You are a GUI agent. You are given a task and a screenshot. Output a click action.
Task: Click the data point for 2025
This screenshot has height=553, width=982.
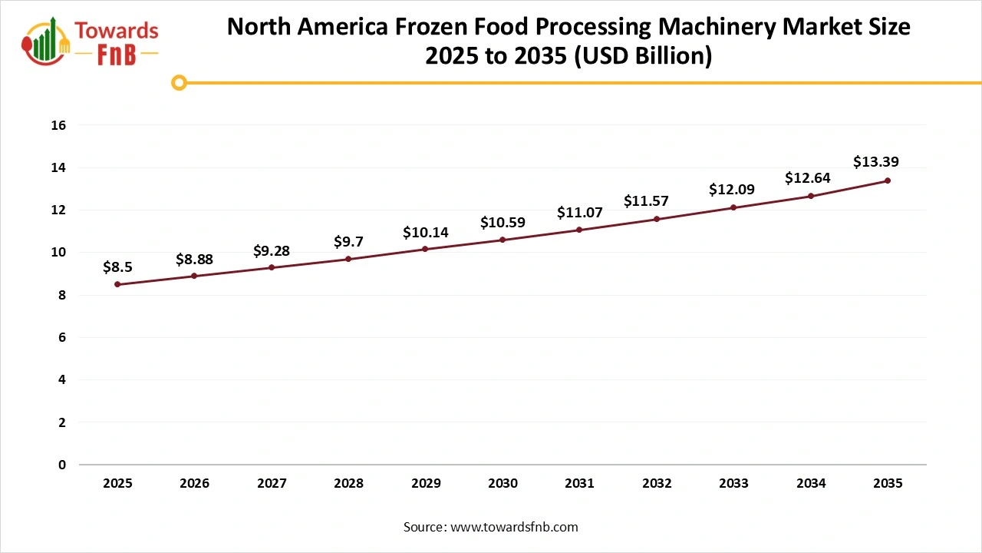117,284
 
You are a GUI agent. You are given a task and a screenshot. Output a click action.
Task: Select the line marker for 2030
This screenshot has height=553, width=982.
503,240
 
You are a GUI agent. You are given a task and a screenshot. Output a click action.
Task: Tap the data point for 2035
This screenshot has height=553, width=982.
888,180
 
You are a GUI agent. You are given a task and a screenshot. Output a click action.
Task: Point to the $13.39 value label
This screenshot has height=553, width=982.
875,162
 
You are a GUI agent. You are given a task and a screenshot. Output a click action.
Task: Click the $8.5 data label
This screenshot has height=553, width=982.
118,267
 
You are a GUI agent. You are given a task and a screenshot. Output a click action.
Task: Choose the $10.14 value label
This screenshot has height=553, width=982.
426,232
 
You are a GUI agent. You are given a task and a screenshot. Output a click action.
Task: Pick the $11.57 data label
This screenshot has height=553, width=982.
646,201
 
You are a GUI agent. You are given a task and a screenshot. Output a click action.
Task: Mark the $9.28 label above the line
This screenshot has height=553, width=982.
272,250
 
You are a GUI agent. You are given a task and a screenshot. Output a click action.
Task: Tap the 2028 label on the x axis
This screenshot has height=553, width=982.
348,484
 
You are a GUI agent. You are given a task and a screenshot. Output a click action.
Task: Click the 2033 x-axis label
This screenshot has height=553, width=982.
733,484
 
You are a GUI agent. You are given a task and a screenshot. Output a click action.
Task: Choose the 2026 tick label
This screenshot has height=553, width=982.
194,484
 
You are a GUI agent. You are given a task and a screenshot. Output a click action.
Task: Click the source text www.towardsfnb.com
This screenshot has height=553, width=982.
515,527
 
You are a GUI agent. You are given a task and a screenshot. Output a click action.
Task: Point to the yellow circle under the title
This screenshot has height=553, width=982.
179,82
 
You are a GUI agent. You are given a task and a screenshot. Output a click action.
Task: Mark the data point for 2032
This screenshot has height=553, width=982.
657,219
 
